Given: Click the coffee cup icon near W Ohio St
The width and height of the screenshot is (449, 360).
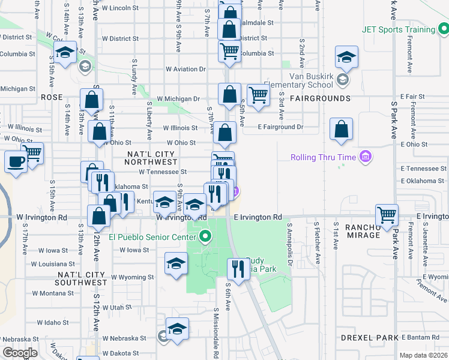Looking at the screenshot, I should tap(16, 161).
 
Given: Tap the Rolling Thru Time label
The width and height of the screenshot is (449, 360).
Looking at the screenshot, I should tap(323, 158).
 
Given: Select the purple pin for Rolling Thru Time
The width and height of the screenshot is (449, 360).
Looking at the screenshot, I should tap(364, 158).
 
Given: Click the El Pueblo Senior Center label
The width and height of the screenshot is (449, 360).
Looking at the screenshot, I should tap(152, 236).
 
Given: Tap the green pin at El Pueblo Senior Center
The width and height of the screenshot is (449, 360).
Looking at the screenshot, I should tap(205, 236).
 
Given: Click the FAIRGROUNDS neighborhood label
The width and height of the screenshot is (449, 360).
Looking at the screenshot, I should tap(320, 98).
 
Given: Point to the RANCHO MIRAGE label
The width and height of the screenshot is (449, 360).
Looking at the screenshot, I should tap(363, 231).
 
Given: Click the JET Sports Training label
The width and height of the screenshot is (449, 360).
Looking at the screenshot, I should tap(398, 29).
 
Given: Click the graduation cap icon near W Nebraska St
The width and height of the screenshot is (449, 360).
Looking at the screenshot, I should tap(178, 329).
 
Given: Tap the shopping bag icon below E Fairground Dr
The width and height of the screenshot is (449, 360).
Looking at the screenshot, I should tap(341, 129).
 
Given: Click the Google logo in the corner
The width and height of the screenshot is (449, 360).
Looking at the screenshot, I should tap(20, 353).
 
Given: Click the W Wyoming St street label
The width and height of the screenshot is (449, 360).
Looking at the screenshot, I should tap(133, 277).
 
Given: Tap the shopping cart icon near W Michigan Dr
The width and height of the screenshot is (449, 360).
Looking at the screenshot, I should tap(258, 94).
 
